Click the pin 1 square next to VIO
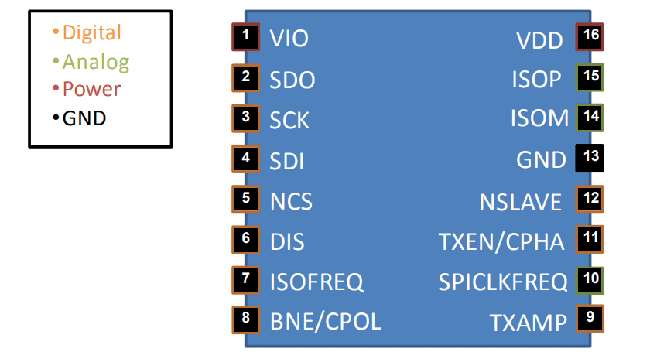pos(245,36)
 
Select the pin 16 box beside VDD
pos(590,36)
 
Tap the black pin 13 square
pos(590,158)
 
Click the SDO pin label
pos(292,80)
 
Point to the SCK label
pos(289,120)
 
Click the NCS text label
pos(291,201)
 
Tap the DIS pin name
pos(287,241)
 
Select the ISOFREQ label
pos(316,282)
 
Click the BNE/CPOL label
pos(325,320)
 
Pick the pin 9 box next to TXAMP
pos(590,318)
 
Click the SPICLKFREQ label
pos(503,282)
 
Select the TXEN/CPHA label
pos(501,241)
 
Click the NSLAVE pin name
pos(520,202)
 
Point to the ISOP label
pos(536,80)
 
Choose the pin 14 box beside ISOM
pos(590,118)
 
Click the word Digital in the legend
pos(91,32)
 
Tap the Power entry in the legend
pos(91,89)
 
